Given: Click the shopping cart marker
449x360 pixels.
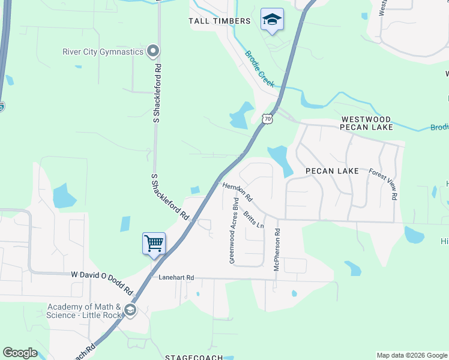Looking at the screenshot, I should (154, 244).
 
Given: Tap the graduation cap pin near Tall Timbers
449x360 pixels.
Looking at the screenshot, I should (272, 20).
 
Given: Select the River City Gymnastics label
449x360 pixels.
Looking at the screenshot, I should (103, 52).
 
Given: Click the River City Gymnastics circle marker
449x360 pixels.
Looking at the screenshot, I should (153, 51).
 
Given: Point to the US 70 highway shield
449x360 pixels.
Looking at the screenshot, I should (268, 119).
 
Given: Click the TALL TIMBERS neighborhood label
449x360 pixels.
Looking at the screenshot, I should (220, 21).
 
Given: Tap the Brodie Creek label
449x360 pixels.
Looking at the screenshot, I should (259, 69).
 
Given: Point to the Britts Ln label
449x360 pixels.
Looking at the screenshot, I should (254, 220).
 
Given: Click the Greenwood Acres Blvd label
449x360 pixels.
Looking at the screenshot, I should (234, 230).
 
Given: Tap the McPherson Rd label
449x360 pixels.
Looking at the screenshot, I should (277, 249).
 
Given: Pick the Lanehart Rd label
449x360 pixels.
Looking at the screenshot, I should (176, 278).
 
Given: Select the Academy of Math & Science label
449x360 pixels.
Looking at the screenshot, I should (84, 311).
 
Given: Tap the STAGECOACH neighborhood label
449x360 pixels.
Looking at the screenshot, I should (190, 356).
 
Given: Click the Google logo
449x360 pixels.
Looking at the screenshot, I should (20, 353).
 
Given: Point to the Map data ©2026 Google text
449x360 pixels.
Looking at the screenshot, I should (412, 355).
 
